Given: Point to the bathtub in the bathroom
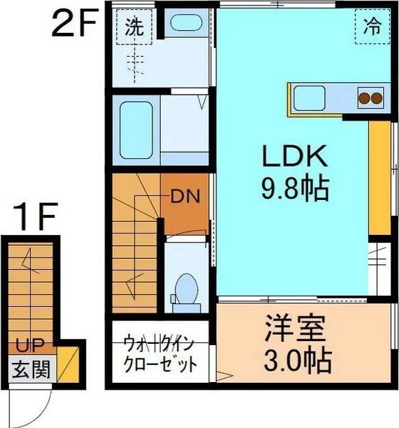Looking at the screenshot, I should tap(136, 129).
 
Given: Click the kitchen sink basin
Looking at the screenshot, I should tap(309, 99).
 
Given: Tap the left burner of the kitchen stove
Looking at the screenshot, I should tap(363, 99).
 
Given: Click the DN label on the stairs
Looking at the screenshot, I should tap(184, 197).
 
